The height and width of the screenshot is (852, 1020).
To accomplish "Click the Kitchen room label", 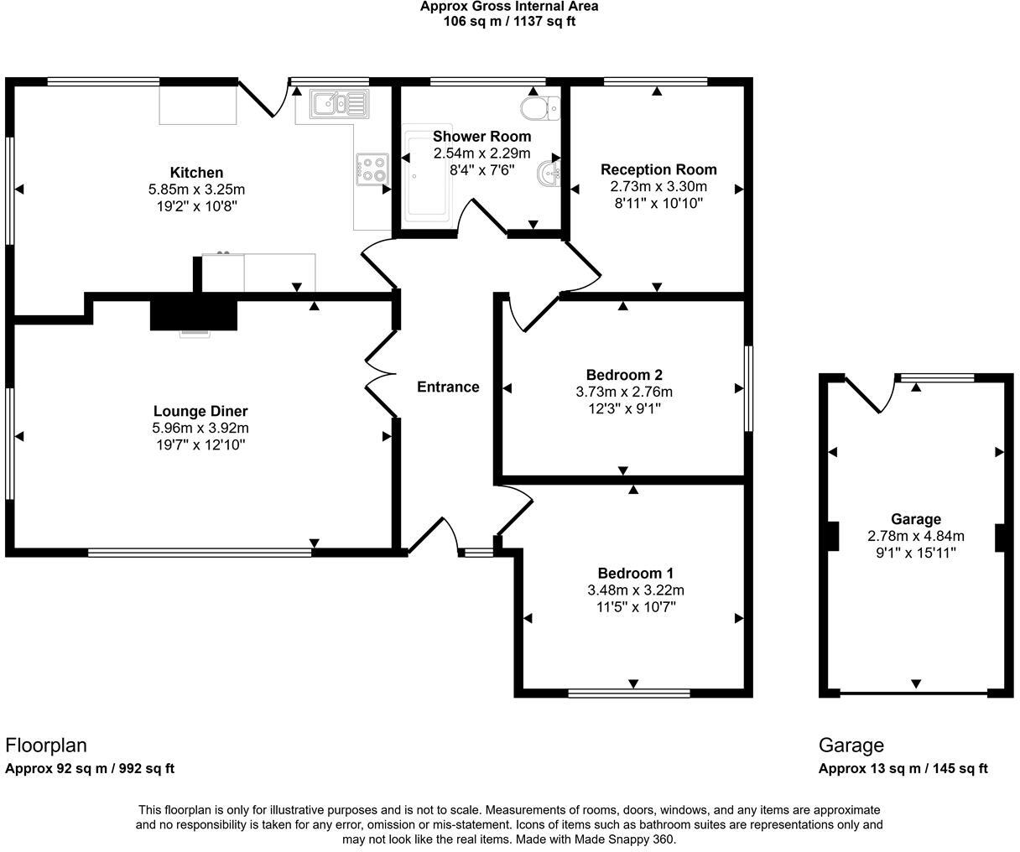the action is pyautogui.click(x=196, y=173).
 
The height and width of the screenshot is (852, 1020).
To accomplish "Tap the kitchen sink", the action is pyautogui.click(x=339, y=104).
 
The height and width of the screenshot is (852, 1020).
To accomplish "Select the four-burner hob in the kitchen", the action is pyautogui.click(x=372, y=170).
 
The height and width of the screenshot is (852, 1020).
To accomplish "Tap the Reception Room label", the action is pyautogui.click(x=658, y=169).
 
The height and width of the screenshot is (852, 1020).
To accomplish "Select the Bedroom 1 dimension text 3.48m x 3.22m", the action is pyautogui.click(x=635, y=590).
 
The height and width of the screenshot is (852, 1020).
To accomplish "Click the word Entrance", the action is pyautogui.click(x=448, y=387).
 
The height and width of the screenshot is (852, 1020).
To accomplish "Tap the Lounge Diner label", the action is pyautogui.click(x=200, y=411).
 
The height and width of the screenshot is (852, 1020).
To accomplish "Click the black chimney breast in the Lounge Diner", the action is pyautogui.click(x=194, y=314).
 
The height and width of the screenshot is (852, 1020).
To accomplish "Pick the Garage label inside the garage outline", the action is pyautogui.click(x=916, y=519).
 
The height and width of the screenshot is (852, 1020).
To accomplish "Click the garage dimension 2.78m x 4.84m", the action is pyautogui.click(x=916, y=536).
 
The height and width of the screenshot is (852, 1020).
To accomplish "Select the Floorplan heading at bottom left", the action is pyautogui.click(x=46, y=745).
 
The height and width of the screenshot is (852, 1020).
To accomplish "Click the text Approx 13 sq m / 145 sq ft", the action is pyautogui.click(x=903, y=768).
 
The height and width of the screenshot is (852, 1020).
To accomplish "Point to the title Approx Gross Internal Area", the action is pyautogui.click(x=509, y=7).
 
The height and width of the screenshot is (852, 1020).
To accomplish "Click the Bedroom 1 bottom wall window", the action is pyautogui.click(x=629, y=693).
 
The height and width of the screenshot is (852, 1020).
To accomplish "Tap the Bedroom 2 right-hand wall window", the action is pyautogui.click(x=748, y=388).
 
